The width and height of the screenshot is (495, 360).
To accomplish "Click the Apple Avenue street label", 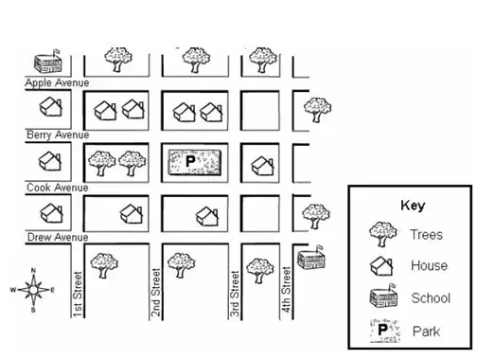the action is click(57, 82).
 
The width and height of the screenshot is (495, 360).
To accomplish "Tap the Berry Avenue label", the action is click(58, 135).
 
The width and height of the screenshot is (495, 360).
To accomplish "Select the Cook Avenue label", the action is click(58, 188).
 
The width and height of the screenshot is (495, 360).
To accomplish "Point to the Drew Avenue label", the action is click(58, 237).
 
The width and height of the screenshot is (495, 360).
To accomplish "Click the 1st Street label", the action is click(78, 295).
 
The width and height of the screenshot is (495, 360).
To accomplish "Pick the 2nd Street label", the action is click(156, 293).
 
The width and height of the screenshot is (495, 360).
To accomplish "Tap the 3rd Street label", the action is click(235, 294).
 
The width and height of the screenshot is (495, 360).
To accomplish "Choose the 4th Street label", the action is click(286, 290).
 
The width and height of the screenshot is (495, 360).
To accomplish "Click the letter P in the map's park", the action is click(190, 161).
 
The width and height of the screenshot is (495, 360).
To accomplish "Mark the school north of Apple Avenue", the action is click(48, 62).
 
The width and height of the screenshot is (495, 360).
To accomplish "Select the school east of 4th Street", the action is click(311, 258).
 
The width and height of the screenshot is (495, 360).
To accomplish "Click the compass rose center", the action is click(33, 290).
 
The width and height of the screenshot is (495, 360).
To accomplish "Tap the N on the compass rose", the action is click(33, 270).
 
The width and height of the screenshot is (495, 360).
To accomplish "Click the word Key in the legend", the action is click(413, 206).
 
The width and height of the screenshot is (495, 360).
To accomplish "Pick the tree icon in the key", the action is click(382, 234).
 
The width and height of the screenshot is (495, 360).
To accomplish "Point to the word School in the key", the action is click(431, 298).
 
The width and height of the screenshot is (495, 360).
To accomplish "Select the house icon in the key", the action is click(381, 266).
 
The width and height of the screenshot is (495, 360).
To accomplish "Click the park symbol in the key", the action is click(385, 331).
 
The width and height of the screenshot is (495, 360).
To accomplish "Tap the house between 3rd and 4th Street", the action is click(262, 166).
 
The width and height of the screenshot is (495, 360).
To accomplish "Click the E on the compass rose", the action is click(53, 290).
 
